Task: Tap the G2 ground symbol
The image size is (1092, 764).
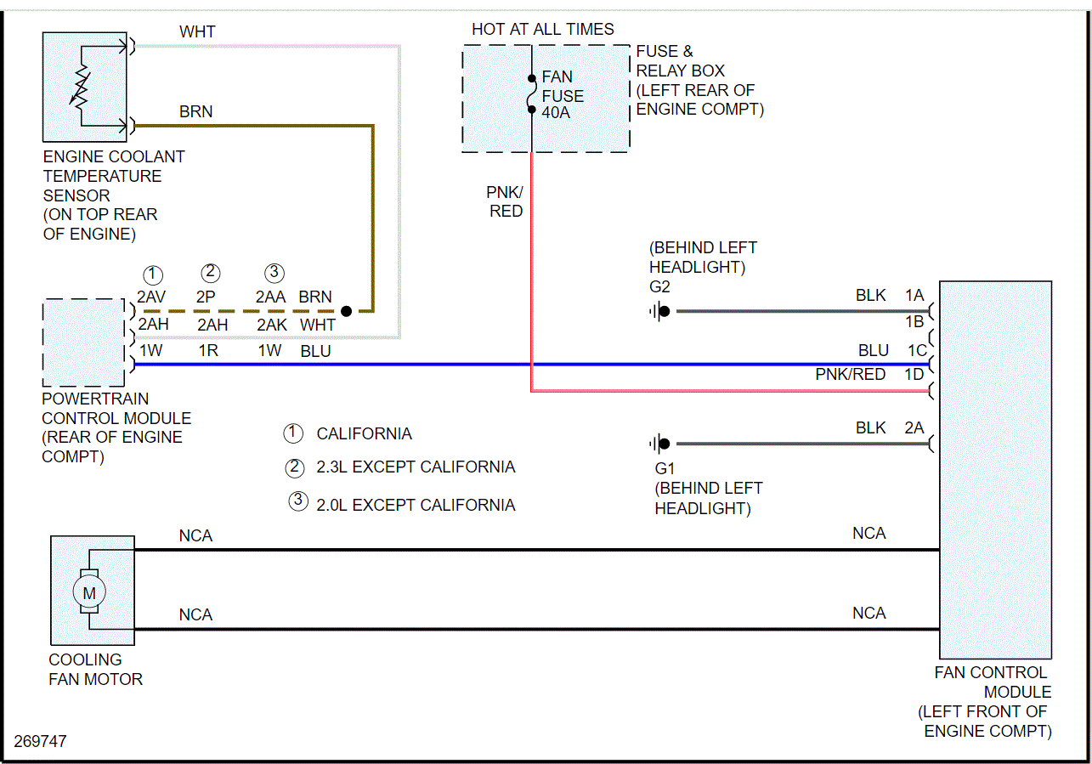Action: click(659, 311)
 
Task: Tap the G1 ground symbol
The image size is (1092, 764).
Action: click(659, 444)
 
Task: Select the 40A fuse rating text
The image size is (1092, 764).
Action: click(557, 111)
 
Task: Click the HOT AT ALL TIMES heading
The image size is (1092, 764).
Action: click(543, 30)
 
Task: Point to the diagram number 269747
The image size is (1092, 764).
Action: click(40, 741)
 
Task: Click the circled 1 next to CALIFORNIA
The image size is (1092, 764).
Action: click(293, 433)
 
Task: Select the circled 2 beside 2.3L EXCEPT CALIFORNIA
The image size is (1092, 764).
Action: click(295, 467)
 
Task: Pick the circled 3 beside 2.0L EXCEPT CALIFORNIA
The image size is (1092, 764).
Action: click(297, 501)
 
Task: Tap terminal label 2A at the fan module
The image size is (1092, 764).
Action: click(914, 428)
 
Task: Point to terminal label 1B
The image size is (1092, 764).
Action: click(914, 322)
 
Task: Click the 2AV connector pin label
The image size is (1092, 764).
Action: click(152, 297)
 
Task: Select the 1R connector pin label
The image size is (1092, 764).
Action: click(208, 350)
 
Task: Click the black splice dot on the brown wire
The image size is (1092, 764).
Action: click(346, 312)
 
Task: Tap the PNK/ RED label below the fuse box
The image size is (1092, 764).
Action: click(506, 201)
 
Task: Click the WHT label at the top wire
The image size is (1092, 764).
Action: click(197, 31)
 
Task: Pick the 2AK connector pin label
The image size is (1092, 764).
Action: click(272, 324)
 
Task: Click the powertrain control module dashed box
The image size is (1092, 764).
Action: click(84, 342)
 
